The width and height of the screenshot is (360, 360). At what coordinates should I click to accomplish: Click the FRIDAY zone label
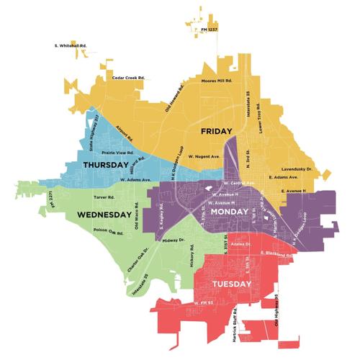tap(216, 131)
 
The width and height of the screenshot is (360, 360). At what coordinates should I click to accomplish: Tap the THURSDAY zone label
tap(111, 165)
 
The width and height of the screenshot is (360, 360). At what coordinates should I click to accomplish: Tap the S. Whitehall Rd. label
tap(70, 45)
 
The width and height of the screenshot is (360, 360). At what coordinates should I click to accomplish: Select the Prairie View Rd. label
tap(117, 153)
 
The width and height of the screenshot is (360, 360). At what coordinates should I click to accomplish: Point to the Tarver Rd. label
tap(104, 196)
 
